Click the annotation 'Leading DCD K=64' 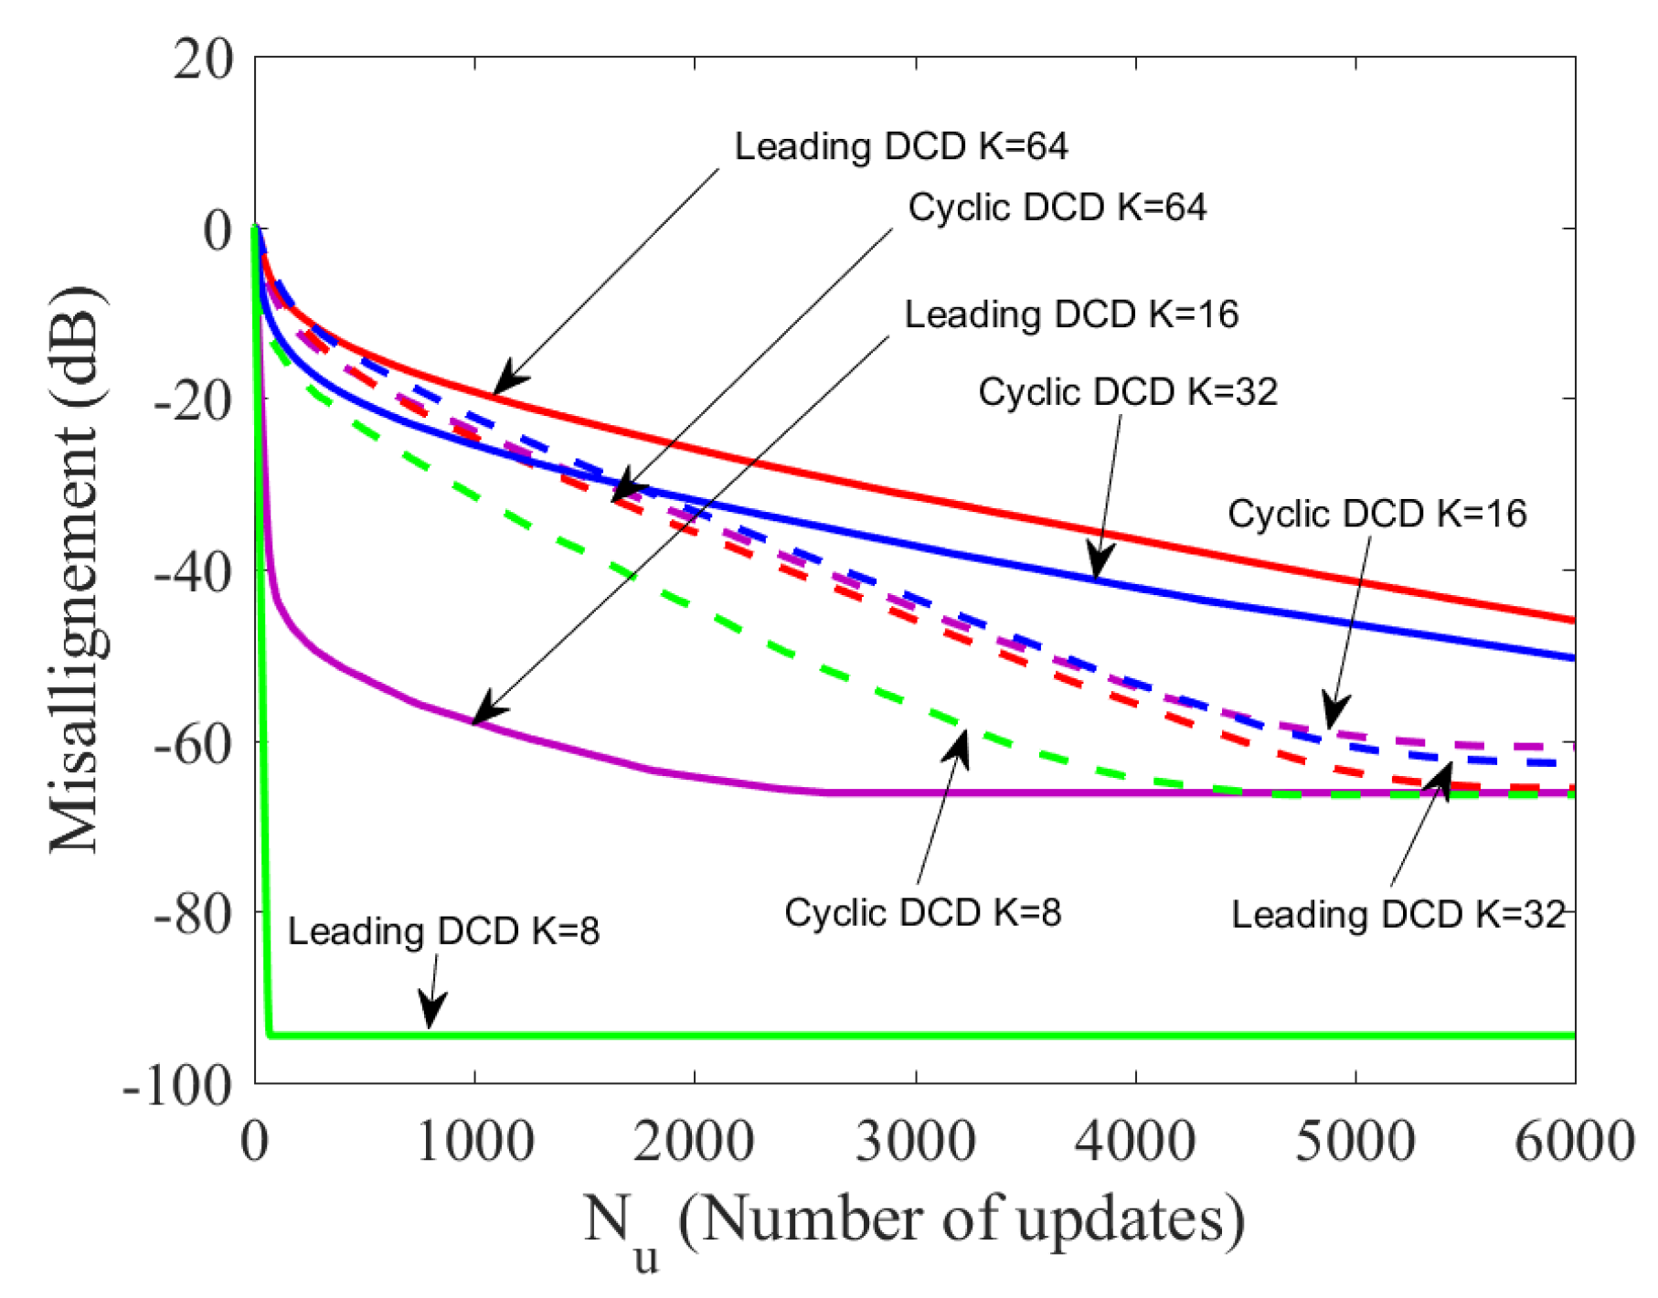tap(900, 146)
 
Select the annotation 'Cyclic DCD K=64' tap(1057, 207)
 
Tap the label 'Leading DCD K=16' tap(1070, 314)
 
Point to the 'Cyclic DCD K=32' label tap(1127, 392)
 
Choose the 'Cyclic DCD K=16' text tap(1376, 514)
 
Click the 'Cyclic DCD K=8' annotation tap(922, 912)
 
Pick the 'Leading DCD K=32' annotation tap(1398, 914)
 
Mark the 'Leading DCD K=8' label tap(443, 931)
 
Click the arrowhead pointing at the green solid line tap(430, 1013)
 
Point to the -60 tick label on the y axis tap(193, 743)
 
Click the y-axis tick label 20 tap(204, 59)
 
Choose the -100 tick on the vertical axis tap(177, 1085)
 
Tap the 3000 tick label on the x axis tap(915, 1142)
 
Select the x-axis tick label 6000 tap(1574, 1142)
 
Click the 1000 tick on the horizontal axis tap(474, 1142)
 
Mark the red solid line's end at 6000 tap(1573, 621)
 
